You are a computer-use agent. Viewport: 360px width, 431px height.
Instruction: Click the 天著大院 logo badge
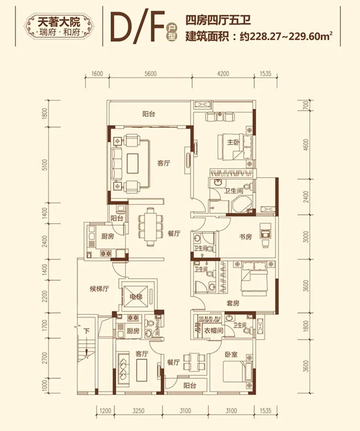[x=59, y=27]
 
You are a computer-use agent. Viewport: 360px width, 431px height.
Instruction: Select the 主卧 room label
[x=233, y=142]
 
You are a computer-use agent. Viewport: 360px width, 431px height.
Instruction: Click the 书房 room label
[x=245, y=237]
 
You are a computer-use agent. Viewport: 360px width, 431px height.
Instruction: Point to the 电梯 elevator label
[x=136, y=297]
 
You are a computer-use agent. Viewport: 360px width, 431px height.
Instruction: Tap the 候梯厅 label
[x=99, y=289]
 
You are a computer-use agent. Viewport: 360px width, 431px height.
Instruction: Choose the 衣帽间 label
[x=213, y=330]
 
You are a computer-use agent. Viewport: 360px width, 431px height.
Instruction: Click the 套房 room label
[x=233, y=303]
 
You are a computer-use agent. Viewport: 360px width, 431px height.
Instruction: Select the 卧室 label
[x=231, y=354]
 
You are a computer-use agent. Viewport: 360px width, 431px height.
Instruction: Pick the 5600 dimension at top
[x=151, y=74]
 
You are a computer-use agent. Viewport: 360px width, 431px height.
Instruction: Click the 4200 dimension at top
[x=223, y=74]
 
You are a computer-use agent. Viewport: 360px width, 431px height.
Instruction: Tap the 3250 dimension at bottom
[x=139, y=411]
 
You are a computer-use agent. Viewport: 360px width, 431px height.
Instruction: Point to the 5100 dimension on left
[x=45, y=164]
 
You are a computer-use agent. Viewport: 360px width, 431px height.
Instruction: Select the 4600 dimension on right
[x=306, y=145]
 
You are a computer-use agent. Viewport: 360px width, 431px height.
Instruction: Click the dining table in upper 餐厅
[x=150, y=227]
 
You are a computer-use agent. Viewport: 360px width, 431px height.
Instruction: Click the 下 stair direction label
[x=87, y=330]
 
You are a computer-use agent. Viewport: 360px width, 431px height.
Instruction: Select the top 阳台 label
[x=149, y=114]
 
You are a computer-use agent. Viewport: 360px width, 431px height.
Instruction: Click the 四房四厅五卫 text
[x=218, y=21]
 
